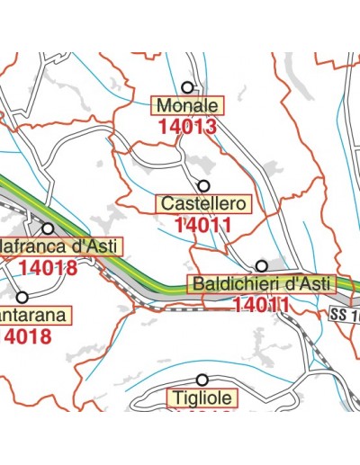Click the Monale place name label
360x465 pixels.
coord(187,105)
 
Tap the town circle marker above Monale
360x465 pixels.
coord(187,87)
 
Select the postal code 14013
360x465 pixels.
coord(187,127)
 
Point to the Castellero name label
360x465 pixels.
coord(204,203)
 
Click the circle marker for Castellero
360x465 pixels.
coord(204,184)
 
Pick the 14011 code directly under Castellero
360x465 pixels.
coord(204,225)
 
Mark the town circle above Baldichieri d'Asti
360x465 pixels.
coord(261,265)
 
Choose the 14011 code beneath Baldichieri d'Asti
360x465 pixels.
coord(261,306)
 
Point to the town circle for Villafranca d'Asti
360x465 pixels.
coord(48,228)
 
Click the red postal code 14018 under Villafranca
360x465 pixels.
coord(49,267)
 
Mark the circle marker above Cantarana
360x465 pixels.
coord(22,296)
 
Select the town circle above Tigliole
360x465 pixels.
coord(202,380)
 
